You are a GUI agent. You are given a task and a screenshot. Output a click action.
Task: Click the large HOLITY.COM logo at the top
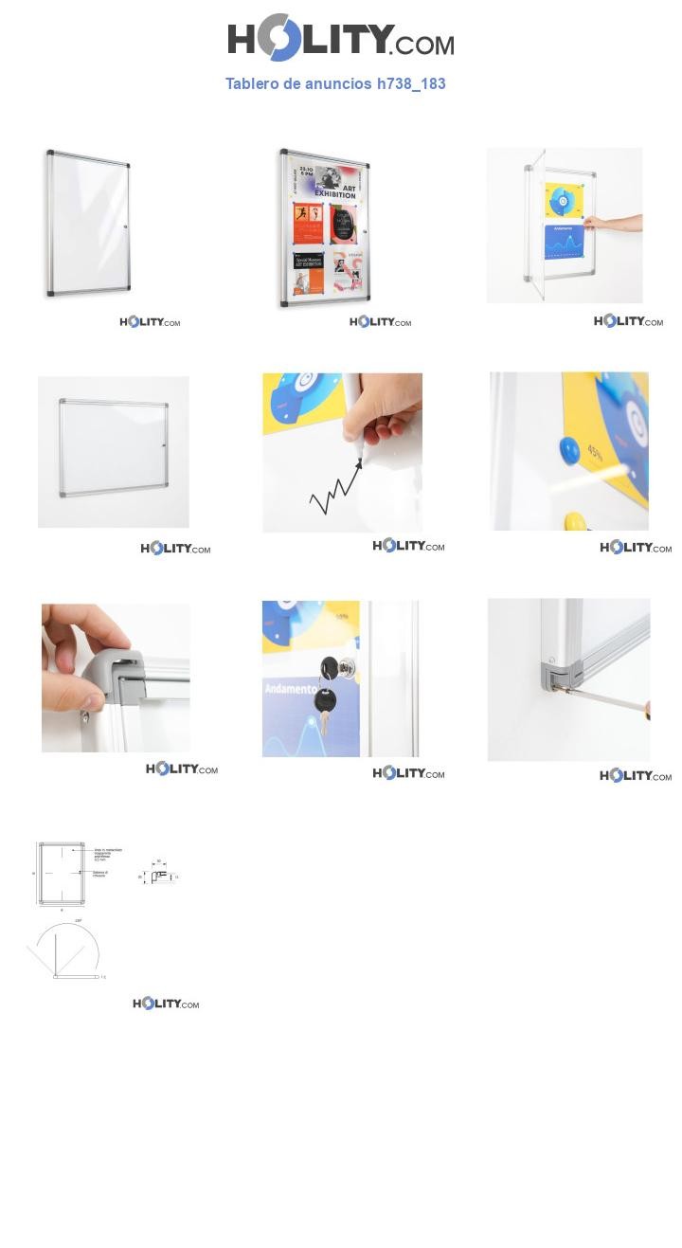(340, 38)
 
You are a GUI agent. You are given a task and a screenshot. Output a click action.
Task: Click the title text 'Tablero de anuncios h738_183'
(335, 83)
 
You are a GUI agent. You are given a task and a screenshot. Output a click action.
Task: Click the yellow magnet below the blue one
(575, 521)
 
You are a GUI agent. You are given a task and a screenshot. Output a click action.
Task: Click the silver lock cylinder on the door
(347, 667)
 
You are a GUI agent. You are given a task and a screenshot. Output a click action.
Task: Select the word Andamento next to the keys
(291, 688)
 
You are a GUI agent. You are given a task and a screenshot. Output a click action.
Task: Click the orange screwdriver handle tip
(647, 710)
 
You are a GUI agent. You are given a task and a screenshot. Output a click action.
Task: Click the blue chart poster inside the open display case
(565, 242)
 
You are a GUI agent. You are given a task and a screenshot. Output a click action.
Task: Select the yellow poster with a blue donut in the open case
(564, 200)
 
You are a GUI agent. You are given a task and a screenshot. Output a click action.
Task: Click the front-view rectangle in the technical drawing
(62, 873)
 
